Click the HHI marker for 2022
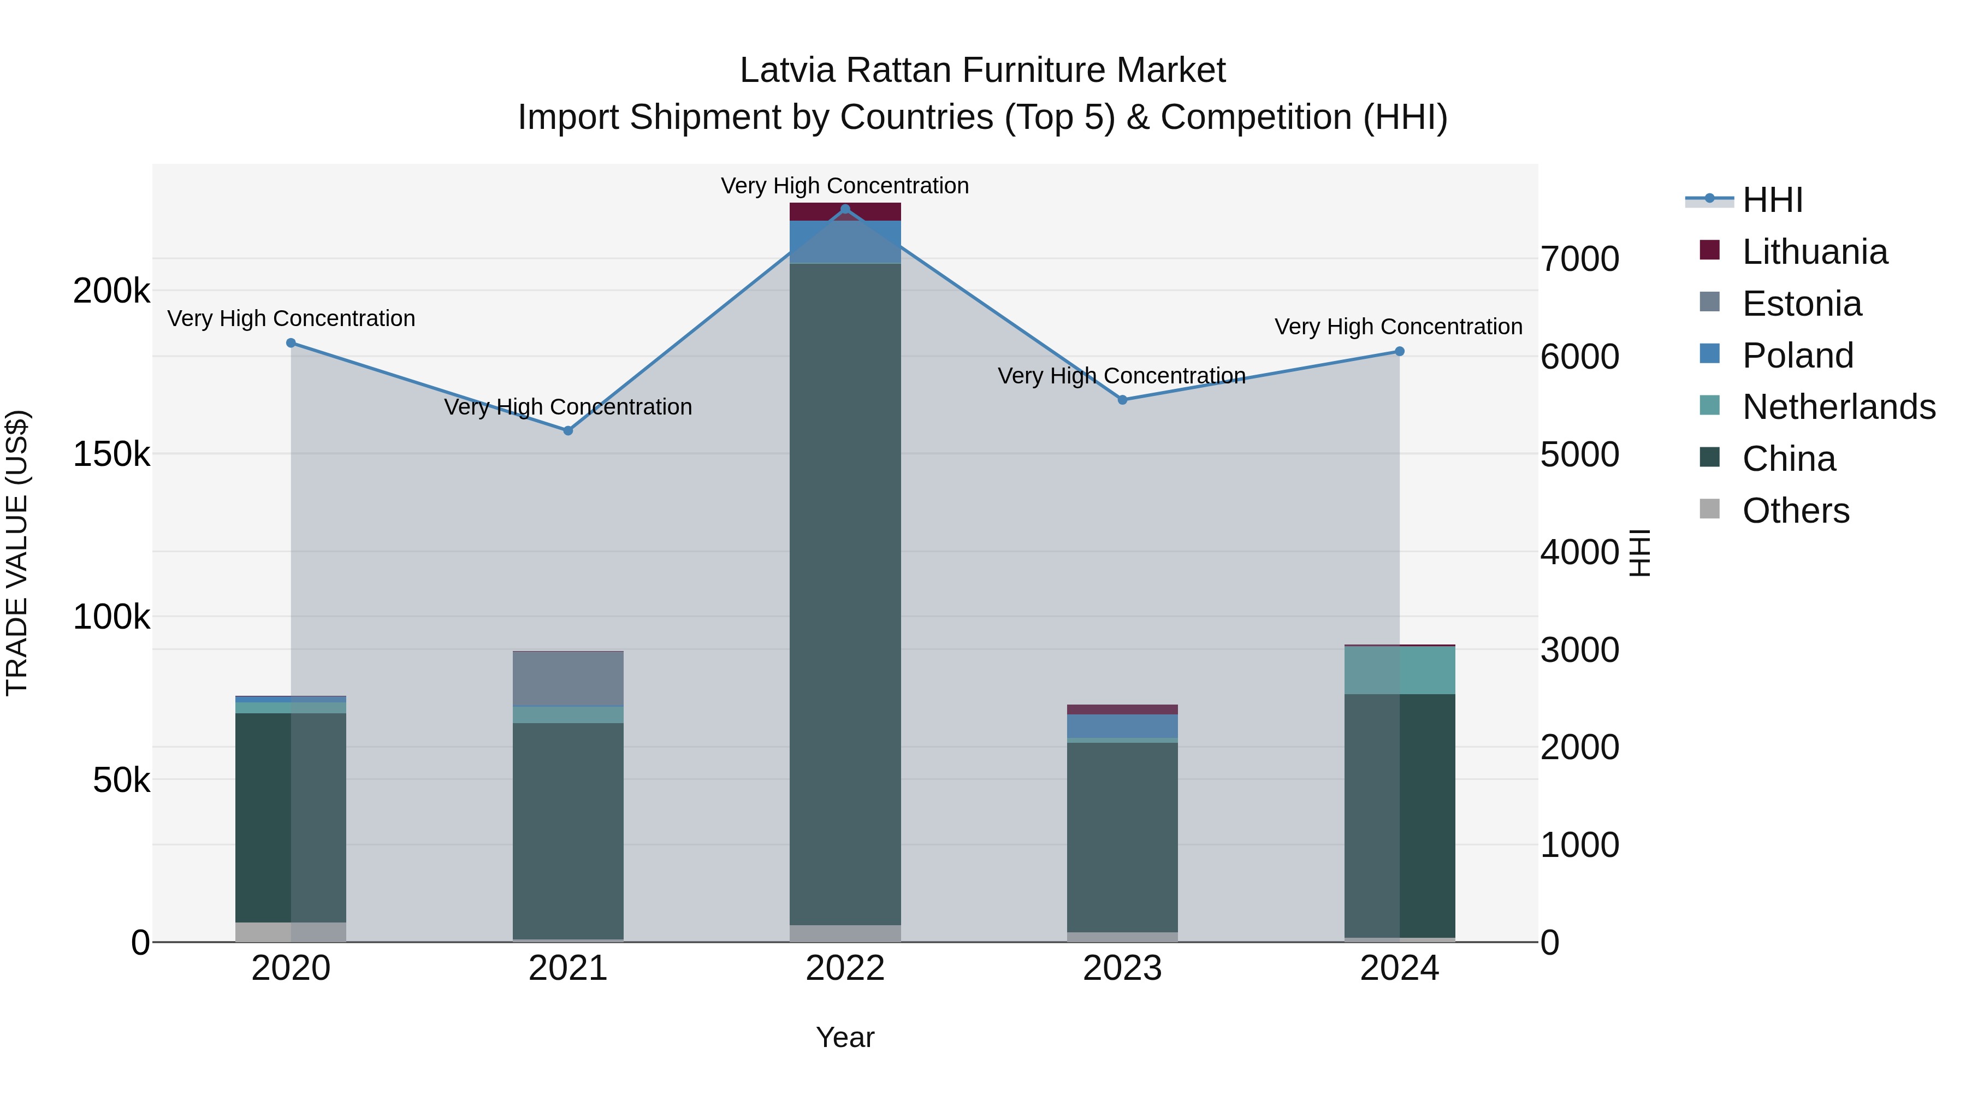click(x=845, y=209)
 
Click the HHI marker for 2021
click(x=568, y=430)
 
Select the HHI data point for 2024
click(x=1399, y=352)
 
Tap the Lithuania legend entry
click(x=1814, y=252)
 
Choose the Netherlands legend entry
click(x=1838, y=407)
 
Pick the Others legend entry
click(x=1795, y=511)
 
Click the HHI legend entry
click(x=1772, y=200)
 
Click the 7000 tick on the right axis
click(x=1579, y=259)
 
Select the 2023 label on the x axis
click(x=1122, y=968)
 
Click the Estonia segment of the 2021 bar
click(x=568, y=678)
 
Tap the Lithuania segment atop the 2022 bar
click(x=845, y=211)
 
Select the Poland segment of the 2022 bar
click(x=845, y=241)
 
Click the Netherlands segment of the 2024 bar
click(x=1399, y=670)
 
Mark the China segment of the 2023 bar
click(x=1122, y=836)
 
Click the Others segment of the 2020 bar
click(x=291, y=932)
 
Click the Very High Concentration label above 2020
click(x=291, y=318)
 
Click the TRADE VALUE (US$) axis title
click(x=17, y=553)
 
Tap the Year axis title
click(x=845, y=1037)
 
